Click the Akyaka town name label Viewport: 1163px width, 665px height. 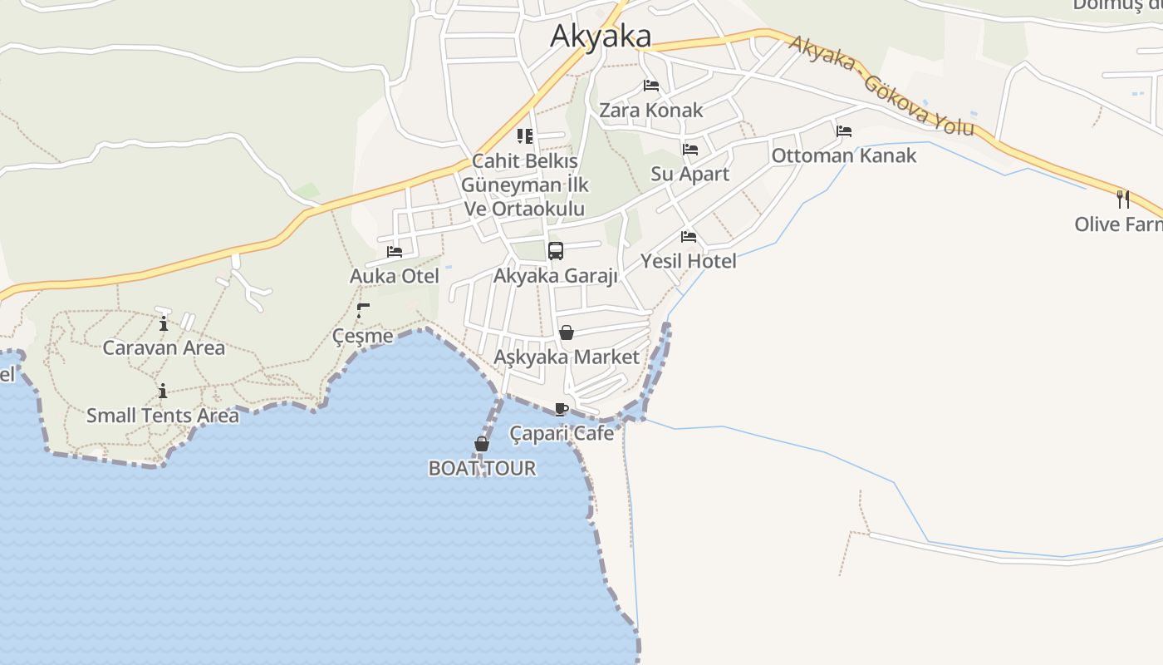(601, 37)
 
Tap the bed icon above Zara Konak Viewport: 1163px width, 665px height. (651, 86)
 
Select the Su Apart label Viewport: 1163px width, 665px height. (689, 175)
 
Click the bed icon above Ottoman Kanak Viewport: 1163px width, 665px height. (844, 131)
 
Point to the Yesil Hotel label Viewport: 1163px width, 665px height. (688, 262)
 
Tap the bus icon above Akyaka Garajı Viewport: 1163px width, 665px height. (556, 251)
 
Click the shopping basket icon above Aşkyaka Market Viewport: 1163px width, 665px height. (567, 333)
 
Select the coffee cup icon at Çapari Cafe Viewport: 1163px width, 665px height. (562, 409)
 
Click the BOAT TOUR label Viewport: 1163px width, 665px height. (482, 469)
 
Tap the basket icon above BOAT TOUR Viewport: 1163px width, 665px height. (482, 445)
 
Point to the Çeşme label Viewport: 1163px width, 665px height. (362, 337)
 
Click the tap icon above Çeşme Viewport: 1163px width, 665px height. (362, 311)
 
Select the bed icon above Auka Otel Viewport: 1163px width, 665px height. (395, 252)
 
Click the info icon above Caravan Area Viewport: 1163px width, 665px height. (164, 323)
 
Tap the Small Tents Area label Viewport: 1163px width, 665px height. (163, 416)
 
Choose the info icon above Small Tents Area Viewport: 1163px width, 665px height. (163, 391)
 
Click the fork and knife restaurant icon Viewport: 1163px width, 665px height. (1123, 199)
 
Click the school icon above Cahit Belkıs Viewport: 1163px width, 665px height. (525, 136)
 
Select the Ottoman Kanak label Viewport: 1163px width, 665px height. (844, 156)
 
